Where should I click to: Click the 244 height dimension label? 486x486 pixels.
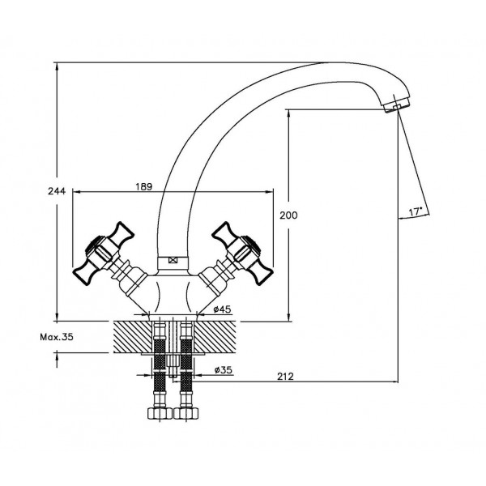pyautogui.click(x=57, y=191)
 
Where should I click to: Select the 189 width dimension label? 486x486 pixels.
pyautogui.click(x=144, y=187)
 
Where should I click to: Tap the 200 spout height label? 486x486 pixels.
pyautogui.click(x=288, y=215)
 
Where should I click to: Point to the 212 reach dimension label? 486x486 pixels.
pyautogui.click(x=285, y=377)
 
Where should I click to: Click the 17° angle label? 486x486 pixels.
pyautogui.click(x=415, y=212)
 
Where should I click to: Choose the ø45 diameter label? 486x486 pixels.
pyautogui.click(x=222, y=309)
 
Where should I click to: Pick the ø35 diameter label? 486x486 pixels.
pyautogui.click(x=224, y=370)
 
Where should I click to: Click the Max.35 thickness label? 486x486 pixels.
pyautogui.click(x=57, y=337)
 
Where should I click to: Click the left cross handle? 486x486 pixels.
pyautogui.click(x=103, y=253)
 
